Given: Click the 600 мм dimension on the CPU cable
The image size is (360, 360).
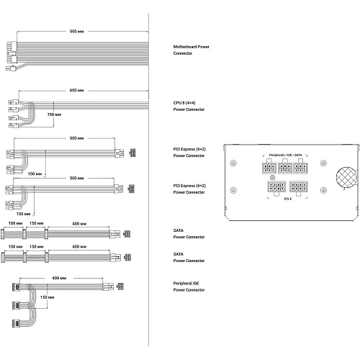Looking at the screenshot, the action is pyautogui.click(x=76, y=91).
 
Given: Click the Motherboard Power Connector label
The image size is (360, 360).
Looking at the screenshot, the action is pyautogui.click(x=191, y=50).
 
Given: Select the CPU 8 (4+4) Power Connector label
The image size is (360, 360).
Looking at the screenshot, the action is pyautogui.click(x=189, y=106).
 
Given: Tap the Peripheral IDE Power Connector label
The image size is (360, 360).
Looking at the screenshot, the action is pyautogui.click(x=189, y=287).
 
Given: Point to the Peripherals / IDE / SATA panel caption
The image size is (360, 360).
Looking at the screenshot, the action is pyautogui.click(x=285, y=155).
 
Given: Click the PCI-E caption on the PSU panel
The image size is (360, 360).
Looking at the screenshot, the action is pyautogui.click(x=288, y=199).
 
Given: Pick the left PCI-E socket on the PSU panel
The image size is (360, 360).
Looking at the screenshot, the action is pyautogui.click(x=276, y=187).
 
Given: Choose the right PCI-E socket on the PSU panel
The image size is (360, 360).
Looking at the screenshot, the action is pyautogui.click(x=298, y=186).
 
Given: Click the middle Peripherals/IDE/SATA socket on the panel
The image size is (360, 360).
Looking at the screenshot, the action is pyautogui.click(x=285, y=168).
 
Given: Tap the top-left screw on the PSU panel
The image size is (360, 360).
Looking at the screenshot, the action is pyautogui.click(x=233, y=163).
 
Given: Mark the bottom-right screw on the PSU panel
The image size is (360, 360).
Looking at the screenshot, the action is pyautogui.click(x=323, y=190).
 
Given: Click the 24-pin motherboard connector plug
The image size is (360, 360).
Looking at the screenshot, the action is pyautogui.click(x=12, y=53).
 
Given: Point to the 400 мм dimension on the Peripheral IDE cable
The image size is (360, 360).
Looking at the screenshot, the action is pyautogui.click(x=59, y=278).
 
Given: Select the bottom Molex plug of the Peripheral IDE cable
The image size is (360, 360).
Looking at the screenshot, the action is pyautogui.click(x=16, y=323).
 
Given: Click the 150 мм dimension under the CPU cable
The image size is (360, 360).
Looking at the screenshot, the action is pyautogui.click(x=54, y=114).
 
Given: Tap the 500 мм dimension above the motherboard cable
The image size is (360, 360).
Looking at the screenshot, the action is pyautogui.click(x=76, y=32).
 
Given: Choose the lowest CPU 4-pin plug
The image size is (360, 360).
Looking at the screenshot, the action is pyautogui.click(x=14, y=125).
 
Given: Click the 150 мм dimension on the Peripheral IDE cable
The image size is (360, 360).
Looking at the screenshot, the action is pyautogui.click(x=47, y=297).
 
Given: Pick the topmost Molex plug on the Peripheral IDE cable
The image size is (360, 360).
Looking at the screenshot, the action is pyautogui.click(x=16, y=287).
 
